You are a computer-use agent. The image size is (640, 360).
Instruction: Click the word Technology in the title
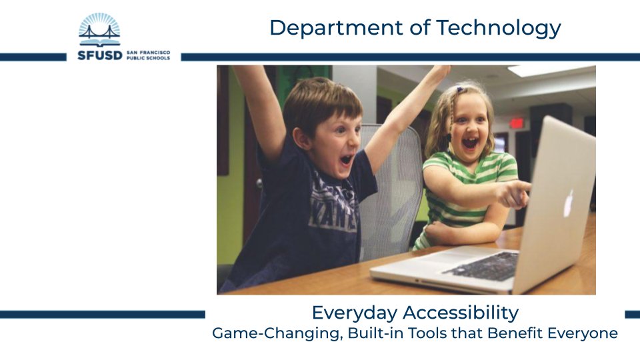tap(499, 28)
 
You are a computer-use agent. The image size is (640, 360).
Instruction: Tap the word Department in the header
tap(336, 28)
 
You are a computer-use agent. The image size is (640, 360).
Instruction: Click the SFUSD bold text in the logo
tap(99, 55)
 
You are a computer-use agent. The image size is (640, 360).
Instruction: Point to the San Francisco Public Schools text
tap(149, 55)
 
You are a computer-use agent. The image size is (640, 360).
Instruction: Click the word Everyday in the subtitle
tap(355, 313)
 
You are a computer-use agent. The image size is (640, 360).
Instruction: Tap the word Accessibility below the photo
tap(461, 313)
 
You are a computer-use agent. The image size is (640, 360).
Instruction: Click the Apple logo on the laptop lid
tap(569, 203)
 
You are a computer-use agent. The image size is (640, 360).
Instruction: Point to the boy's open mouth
tap(346, 159)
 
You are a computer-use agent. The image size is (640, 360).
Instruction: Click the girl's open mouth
tap(470, 143)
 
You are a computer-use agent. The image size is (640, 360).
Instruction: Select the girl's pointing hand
tap(515, 195)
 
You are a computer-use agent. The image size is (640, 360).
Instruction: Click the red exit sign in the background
tap(516, 123)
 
